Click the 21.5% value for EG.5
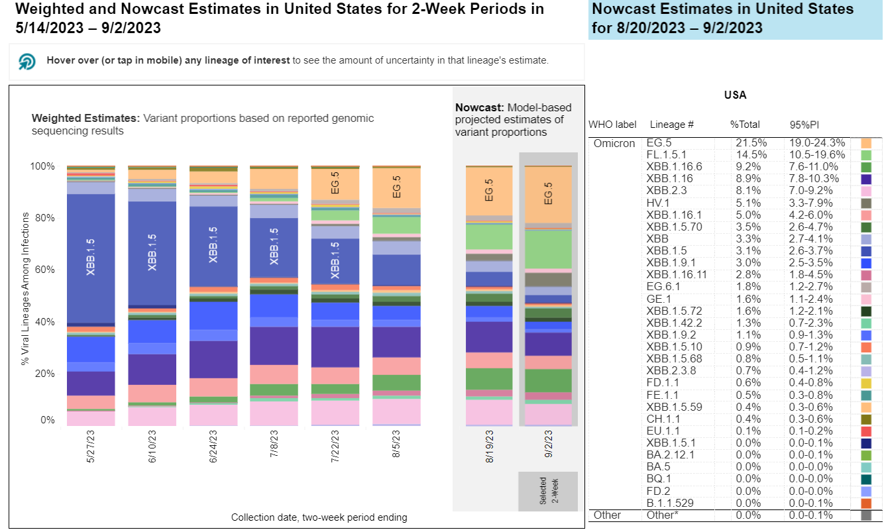[x=744, y=143]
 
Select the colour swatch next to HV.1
[x=866, y=202]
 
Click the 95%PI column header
[x=803, y=125]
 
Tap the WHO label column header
[x=612, y=125]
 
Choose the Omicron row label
[x=614, y=143]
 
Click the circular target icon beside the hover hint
[x=27, y=62]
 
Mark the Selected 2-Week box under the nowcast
[x=548, y=491]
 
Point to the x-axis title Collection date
[x=319, y=517]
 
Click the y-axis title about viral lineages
[x=25, y=288]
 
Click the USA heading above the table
[x=735, y=95]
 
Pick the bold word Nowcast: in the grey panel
[x=476, y=107]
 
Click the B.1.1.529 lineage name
[x=670, y=503]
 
